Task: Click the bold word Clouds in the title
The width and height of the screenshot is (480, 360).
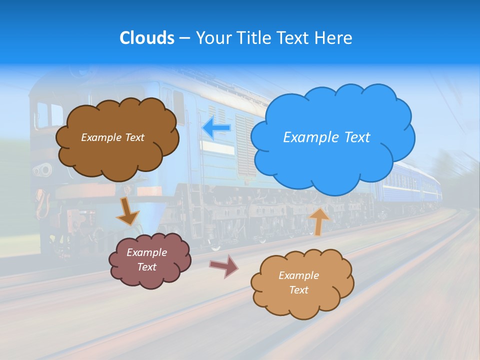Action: (146, 38)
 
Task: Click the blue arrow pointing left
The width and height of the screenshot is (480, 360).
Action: (216, 128)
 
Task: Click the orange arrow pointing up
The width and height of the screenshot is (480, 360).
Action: (319, 221)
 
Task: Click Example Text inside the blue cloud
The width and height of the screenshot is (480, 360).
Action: (326, 137)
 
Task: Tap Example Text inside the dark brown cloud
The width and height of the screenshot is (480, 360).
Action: (112, 137)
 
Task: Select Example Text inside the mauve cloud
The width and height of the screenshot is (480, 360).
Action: (146, 260)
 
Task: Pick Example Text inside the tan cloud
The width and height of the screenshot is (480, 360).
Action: (298, 282)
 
